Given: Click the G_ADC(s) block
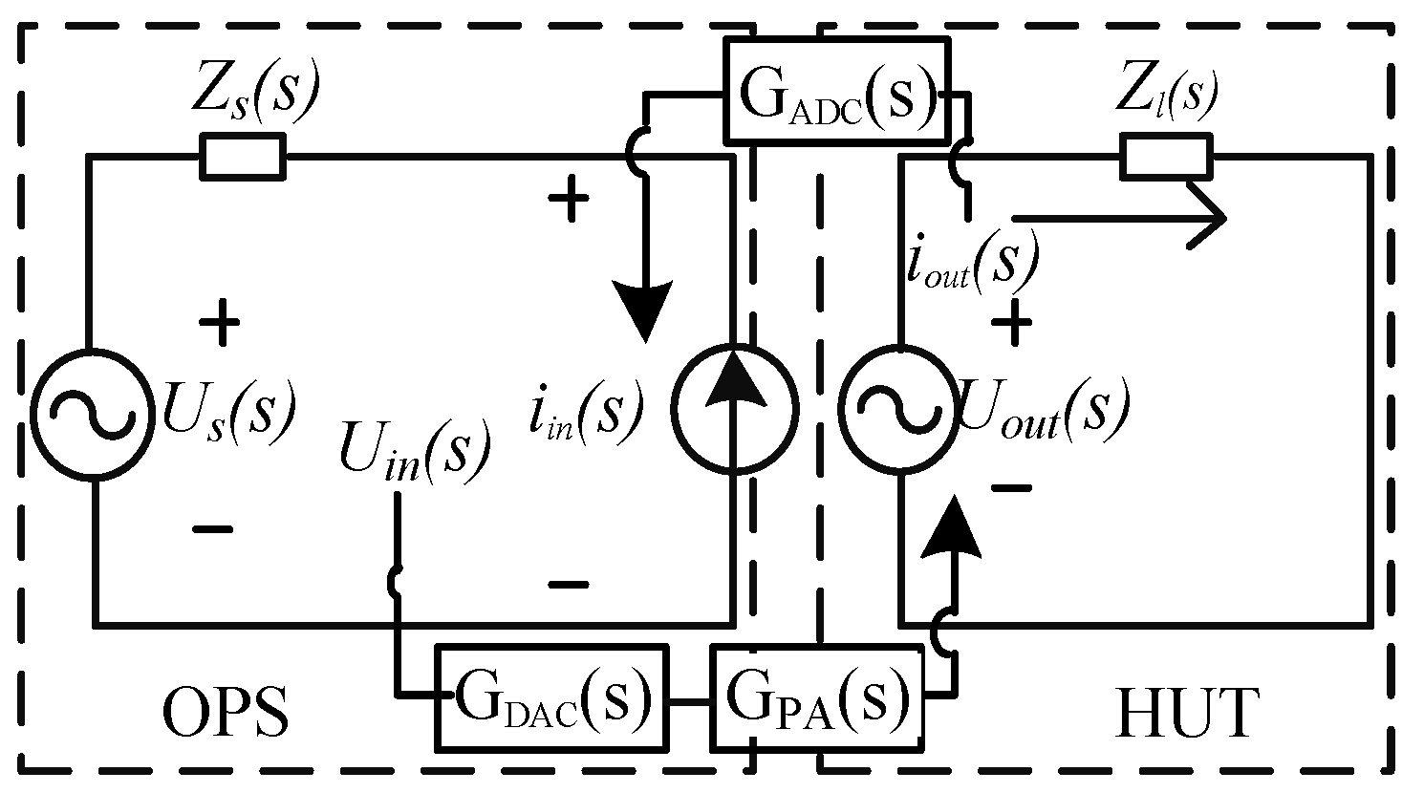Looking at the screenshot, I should pos(836,90).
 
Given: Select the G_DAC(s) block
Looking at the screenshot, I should pos(551,697).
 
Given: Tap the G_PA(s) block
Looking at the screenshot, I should pos(817,697).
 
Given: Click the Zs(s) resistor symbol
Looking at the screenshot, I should pos(242,157).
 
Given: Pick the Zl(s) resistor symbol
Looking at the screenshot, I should pos(1165,157).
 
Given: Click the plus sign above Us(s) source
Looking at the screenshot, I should pos(220,324).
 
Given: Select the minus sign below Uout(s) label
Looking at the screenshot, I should pos(1011,488).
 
